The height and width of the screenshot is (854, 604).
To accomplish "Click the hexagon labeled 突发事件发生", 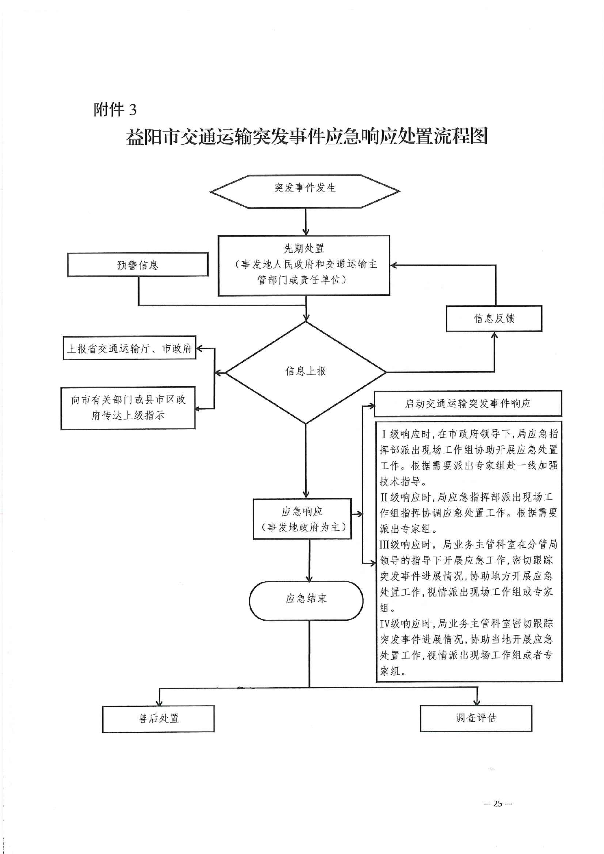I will point(305,191).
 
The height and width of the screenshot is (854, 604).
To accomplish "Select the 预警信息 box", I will point(138,265).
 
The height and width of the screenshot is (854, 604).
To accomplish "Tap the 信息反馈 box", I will point(494,318).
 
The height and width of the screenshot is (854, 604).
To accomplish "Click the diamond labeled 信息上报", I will point(306,372).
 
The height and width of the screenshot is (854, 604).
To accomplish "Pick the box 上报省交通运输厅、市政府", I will point(129,348).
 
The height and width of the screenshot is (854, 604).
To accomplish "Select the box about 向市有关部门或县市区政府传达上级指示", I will point(128,408).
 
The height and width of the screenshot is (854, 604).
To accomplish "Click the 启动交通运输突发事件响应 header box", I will point(468,403).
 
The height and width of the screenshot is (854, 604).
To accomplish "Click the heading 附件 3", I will point(115,110).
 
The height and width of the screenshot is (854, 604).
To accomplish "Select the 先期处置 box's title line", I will point(304,248).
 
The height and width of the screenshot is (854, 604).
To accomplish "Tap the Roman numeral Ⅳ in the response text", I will point(384,624).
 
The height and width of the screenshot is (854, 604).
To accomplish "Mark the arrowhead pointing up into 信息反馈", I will point(494,336).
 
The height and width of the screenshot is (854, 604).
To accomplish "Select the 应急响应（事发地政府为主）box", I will point(302,519).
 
